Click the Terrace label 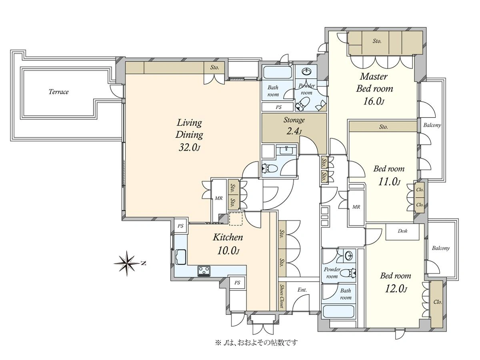click(x=58, y=92)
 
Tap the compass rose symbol click(x=127, y=263)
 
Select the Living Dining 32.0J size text click(x=189, y=148)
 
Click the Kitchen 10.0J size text click(x=228, y=250)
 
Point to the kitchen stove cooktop click(x=204, y=271)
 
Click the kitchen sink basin click(x=181, y=257)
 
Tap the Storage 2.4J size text click(x=294, y=131)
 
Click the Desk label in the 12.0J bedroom click(x=402, y=231)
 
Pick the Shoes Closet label click(x=282, y=296)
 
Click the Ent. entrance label click(x=302, y=290)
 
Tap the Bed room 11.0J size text click(x=389, y=182)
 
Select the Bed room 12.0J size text click(x=396, y=289)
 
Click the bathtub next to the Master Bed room click(x=278, y=72)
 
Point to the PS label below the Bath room click(x=278, y=107)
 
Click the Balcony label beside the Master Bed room click(x=432, y=125)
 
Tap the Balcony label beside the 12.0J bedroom click(x=441, y=248)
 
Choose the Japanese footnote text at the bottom click(x=256, y=343)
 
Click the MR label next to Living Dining click(x=218, y=198)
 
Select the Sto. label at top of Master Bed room click(x=377, y=41)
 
